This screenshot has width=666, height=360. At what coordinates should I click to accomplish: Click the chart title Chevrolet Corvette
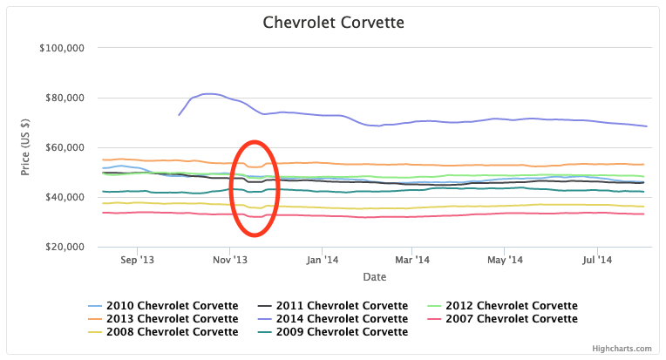coord(333,21)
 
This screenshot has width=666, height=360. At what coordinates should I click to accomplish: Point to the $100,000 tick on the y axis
coord(61,48)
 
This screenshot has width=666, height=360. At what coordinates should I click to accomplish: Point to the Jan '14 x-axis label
coord(323,260)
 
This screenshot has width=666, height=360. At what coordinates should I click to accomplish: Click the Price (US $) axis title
coord(25,147)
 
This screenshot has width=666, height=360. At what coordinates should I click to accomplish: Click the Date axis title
coord(376,276)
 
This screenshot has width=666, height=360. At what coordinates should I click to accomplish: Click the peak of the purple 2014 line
coord(207,93)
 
